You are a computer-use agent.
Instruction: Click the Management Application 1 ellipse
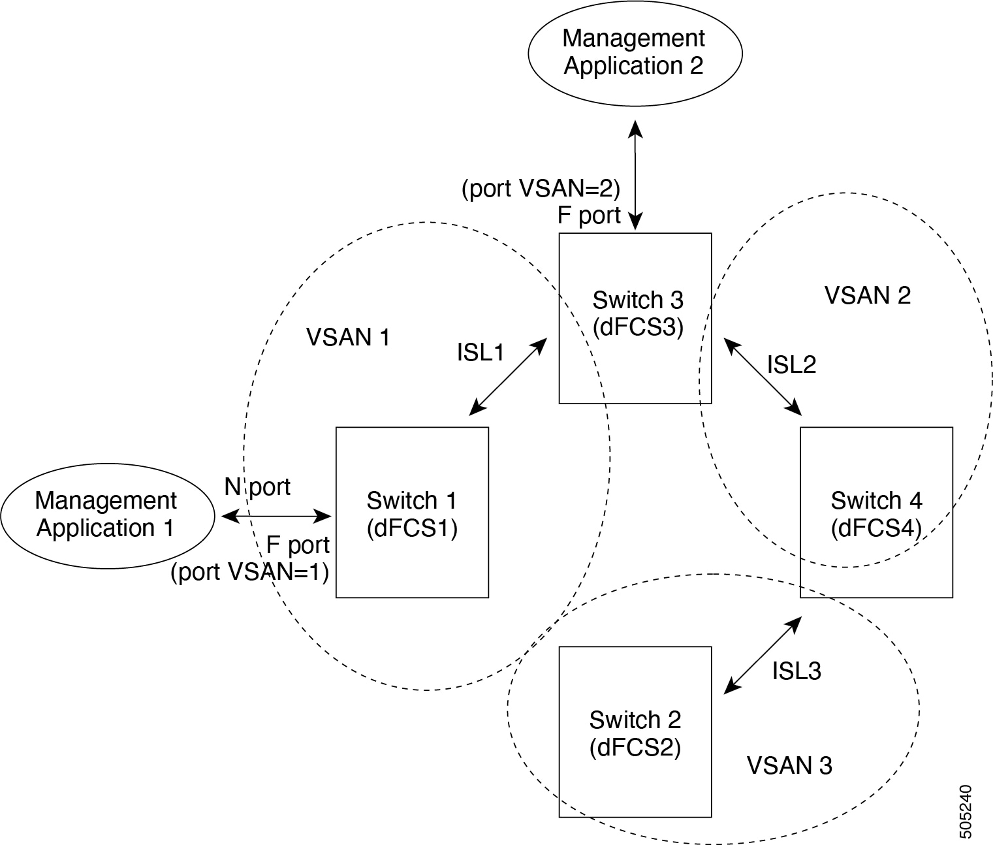click(x=107, y=515)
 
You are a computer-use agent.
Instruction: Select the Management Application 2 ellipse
click(x=634, y=52)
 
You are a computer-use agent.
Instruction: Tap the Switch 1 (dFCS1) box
click(x=412, y=513)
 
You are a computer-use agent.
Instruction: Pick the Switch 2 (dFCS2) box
click(x=635, y=732)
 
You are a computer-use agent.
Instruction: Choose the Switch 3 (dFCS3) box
click(x=635, y=318)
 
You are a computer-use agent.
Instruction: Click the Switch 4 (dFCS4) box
click(x=876, y=513)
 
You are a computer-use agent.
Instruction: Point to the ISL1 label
click(x=481, y=353)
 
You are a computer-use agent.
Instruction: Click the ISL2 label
click(x=791, y=364)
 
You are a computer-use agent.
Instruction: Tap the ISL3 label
click(x=796, y=671)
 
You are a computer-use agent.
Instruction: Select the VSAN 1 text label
click(x=348, y=338)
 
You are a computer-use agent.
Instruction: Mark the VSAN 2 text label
click(x=868, y=295)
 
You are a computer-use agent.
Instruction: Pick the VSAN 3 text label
click(x=789, y=765)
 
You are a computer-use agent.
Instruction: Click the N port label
click(x=257, y=486)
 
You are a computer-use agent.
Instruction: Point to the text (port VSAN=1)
click(x=249, y=572)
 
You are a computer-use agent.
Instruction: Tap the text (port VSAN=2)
click(x=541, y=189)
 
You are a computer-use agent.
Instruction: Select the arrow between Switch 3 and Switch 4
click(x=763, y=376)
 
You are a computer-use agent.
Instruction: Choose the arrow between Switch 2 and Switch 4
click(x=763, y=654)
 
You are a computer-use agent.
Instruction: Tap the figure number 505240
click(x=966, y=811)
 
